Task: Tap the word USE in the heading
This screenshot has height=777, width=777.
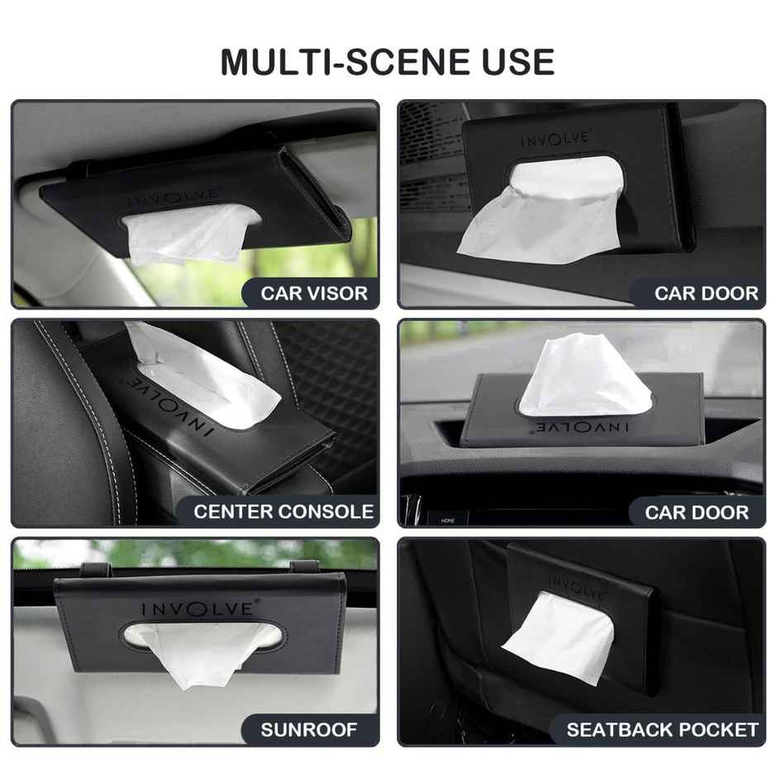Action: click(512, 62)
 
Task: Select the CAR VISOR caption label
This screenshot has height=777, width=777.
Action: click(314, 293)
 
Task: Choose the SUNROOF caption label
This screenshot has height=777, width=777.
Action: click(309, 730)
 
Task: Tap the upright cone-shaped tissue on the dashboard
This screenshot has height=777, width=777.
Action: click(584, 376)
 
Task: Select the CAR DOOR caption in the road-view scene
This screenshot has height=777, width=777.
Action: click(696, 512)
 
